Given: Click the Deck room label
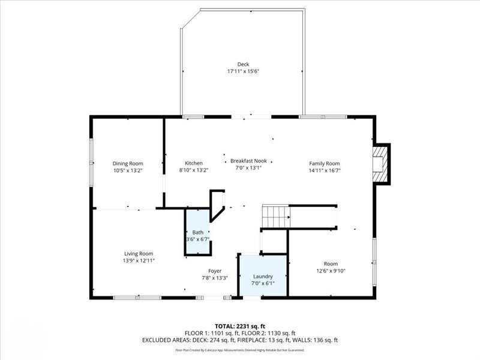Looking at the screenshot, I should pyautogui.click(x=242, y=64).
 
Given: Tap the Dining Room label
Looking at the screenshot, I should pyautogui.click(x=128, y=163).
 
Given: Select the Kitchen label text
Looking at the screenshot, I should pyautogui.click(x=193, y=163).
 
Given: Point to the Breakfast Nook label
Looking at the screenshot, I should pyautogui.click(x=248, y=161).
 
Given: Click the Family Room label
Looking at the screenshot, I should pyautogui.click(x=325, y=163).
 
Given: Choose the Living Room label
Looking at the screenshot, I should pyautogui.click(x=139, y=253).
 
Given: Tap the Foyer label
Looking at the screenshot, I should pyautogui.click(x=215, y=271).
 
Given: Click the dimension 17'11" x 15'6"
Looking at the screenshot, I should pyautogui.click(x=242, y=71).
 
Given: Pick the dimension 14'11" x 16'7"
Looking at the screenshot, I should pyautogui.click(x=325, y=170).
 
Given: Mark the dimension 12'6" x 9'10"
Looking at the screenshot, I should pyautogui.click(x=331, y=271).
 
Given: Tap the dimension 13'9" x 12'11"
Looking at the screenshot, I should pyautogui.click(x=139, y=260).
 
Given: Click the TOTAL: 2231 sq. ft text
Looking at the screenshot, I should pyautogui.click(x=240, y=326).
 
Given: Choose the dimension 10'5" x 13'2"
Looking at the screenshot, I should pyautogui.click(x=128, y=170).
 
